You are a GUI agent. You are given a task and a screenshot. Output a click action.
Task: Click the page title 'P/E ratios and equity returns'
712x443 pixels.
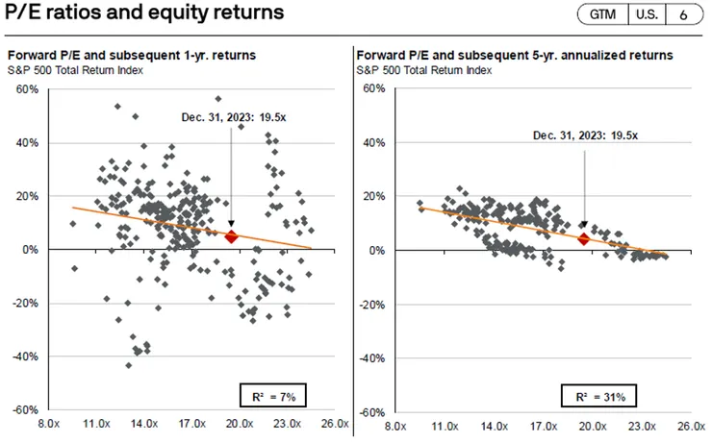144,12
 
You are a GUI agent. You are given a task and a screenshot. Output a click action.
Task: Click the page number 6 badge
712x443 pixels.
683,14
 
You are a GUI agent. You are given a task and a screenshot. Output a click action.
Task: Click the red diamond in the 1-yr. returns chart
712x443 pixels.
231,236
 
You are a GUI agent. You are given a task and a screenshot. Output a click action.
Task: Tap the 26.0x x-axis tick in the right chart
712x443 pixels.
686,423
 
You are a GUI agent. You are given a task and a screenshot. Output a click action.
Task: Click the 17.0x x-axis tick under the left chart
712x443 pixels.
191,423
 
